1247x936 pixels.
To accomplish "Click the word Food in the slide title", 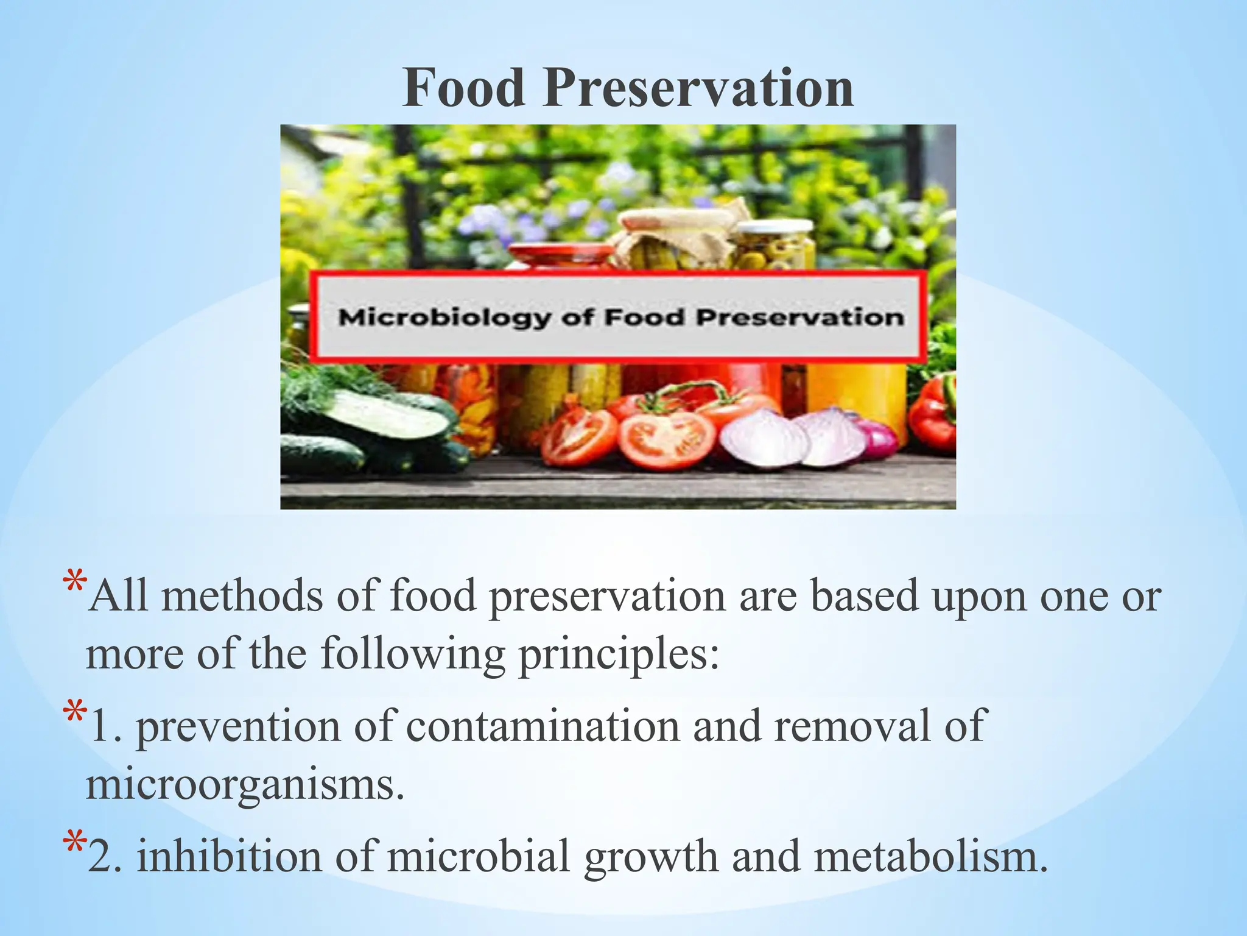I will point(464,88).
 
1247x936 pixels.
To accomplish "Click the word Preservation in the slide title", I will point(698,88).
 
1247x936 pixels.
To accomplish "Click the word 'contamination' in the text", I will point(543,726).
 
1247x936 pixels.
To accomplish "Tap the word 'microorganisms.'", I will point(245,785).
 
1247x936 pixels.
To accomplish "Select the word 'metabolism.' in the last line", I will point(931,856).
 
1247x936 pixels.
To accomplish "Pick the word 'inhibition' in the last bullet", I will point(228,856).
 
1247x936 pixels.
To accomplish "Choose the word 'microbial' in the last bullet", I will point(479,856).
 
